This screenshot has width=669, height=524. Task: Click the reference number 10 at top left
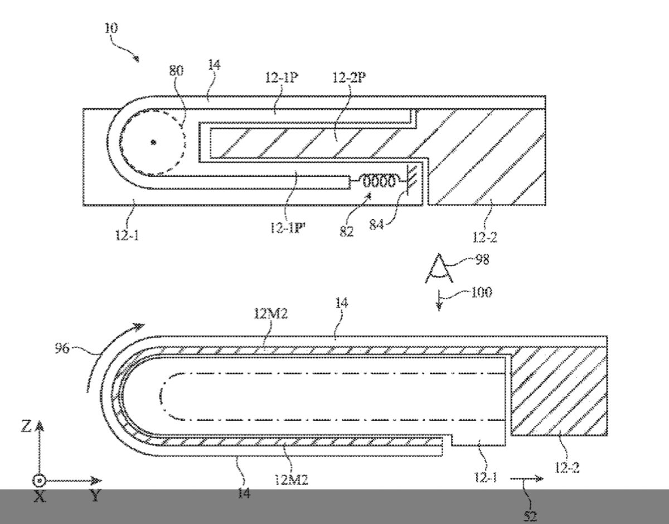coord(111,28)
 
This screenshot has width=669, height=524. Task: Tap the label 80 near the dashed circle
coord(176,71)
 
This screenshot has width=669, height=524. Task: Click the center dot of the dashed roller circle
coord(154,143)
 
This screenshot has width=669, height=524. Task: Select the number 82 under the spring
coord(347,231)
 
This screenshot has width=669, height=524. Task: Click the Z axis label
coord(26,427)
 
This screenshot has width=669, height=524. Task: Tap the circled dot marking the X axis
coord(39,481)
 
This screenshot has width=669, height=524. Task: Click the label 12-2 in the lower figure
coord(567,468)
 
